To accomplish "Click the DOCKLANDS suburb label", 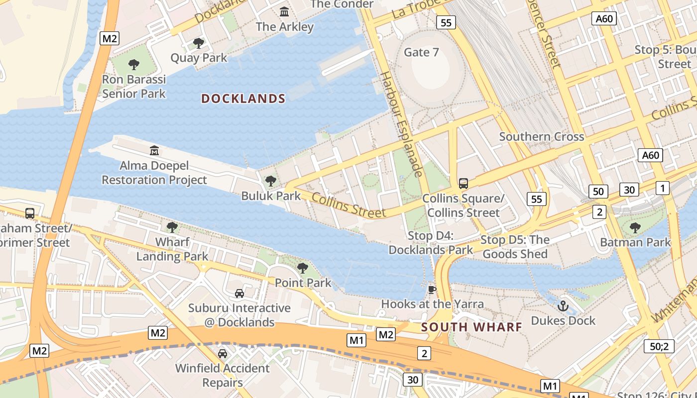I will coord(243,99).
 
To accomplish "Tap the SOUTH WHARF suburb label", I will coord(471,327).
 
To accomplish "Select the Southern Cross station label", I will coord(541,136).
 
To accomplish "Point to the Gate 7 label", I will coord(421,52).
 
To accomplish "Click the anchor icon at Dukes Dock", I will coord(563,306).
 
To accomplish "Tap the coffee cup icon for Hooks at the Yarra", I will coord(432,289).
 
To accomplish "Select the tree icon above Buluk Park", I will coord(270,181).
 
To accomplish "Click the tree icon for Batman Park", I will coord(635,228).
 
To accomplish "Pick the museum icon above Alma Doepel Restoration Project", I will coord(154,150).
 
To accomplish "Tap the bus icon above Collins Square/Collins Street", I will coord(463,183).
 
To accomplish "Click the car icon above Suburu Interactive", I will coord(239,294).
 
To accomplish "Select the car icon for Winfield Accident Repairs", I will coord(223,354).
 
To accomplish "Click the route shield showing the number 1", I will coord(662,188).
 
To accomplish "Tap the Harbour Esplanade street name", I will coord(401,124).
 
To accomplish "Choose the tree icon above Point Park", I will coord(302,268).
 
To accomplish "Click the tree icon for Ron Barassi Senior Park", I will coord(133,64).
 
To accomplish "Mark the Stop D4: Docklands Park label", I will coord(431,243).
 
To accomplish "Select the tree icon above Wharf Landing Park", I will coord(172,227).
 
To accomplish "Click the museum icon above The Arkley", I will coord(284,11).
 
